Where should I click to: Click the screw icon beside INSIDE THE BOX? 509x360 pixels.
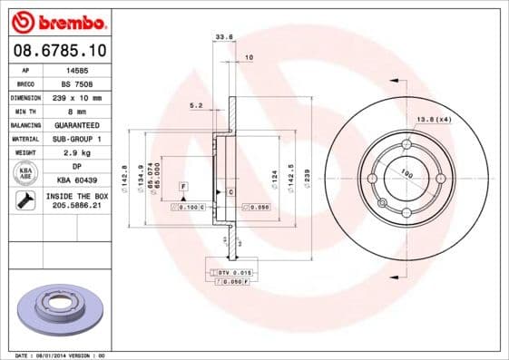(25, 200)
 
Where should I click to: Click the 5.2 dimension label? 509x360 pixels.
(196, 106)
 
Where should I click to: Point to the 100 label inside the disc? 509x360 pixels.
(406, 172)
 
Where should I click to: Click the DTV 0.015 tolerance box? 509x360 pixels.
(233, 272)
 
